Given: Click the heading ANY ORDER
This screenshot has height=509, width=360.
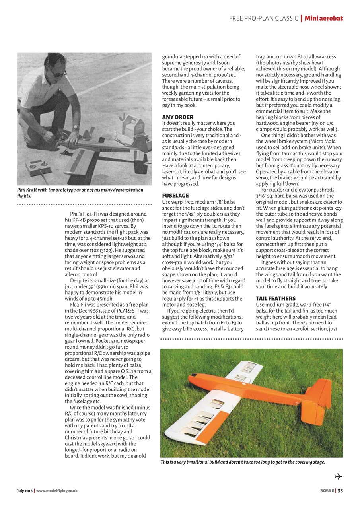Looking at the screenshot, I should pos(177,117).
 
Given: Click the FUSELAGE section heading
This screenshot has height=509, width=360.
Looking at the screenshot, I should pos(175,196).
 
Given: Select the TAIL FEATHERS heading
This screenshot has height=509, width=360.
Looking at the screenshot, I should pos(275,298).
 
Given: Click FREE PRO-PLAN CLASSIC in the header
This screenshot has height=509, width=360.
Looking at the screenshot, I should pos(264,18).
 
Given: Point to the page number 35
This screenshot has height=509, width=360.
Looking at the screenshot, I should pos(340,490).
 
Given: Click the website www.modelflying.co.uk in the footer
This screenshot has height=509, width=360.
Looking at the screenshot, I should pos(57,491).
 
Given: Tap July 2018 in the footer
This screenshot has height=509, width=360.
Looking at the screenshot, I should pos(25,491).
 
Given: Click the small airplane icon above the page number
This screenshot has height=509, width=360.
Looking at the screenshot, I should pos(339,477).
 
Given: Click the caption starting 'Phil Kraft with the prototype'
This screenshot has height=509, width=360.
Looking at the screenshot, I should pos(80,193).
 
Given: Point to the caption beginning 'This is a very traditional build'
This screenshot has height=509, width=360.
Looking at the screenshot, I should pos(243,462).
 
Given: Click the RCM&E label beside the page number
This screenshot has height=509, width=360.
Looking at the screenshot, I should pos(327,490).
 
